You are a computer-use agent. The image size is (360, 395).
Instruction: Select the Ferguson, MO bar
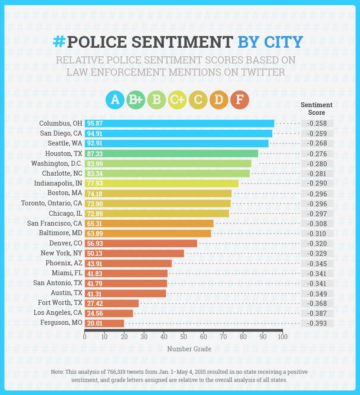pos(104,323)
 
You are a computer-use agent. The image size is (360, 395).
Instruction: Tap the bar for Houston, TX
pos(171,154)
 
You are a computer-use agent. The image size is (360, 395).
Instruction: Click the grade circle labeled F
pos(239,100)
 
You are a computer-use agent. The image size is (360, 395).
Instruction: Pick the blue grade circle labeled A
pos(115,100)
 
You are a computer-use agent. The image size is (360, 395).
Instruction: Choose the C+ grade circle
pos(177,100)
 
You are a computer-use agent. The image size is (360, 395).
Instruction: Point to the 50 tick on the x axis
pos(184,336)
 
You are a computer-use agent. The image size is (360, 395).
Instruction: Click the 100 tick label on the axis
pos(282,336)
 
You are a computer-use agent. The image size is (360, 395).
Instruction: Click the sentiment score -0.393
pos(317,323)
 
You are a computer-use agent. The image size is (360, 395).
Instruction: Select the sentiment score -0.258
pos(317,123)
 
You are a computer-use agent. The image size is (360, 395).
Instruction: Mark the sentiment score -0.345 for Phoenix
pos(317,263)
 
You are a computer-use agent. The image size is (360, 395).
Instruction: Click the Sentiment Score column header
pos(316,109)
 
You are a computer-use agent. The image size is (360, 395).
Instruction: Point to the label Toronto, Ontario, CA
pos(52,203)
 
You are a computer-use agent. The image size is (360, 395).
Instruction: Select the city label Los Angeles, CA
pos(58,313)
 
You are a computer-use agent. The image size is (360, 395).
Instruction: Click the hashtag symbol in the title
pos(59,41)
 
